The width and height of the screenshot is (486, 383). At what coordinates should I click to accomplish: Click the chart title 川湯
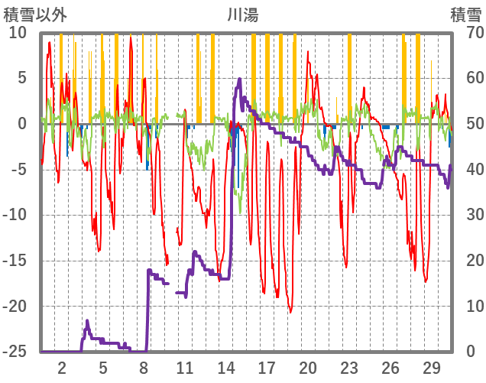pyautogui.click(x=244, y=14)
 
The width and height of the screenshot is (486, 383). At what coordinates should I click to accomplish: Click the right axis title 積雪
pyautogui.click(x=465, y=14)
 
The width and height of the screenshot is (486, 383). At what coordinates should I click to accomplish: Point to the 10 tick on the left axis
pyautogui.click(x=18, y=33)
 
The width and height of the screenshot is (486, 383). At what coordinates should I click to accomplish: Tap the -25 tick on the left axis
pyautogui.click(x=15, y=352)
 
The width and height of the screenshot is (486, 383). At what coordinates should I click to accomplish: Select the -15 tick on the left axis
pyautogui.click(x=15, y=261)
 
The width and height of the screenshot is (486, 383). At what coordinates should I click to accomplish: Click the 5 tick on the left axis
pyautogui.click(x=21, y=78)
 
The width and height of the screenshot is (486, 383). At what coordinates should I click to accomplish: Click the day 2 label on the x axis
pyautogui.click(x=62, y=367)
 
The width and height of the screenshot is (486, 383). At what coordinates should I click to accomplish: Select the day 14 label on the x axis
pyautogui.click(x=225, y=367)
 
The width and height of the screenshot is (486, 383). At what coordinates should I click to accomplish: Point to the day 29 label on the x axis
pyautogui.click(x=431, y=367)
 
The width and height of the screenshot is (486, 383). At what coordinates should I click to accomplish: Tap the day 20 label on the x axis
pyautogui.click(x=308, y=367)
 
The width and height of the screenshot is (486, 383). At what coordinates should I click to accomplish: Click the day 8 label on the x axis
pyautogui.click(x=144, y=367)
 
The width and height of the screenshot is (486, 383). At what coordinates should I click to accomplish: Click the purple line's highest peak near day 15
pyautogui.click(x=240, y=79)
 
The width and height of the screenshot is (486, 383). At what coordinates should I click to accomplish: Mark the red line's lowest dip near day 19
pyautogui.click(x=290, y=312)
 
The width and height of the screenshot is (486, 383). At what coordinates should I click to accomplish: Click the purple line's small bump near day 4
pyautogui.click(x=87, y=321)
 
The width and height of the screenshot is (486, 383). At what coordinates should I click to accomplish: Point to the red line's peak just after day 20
pyautogui.click(x=309, y=54)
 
